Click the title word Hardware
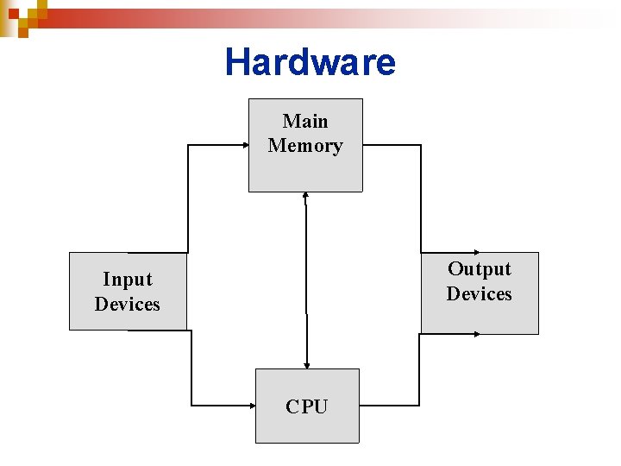coord(310,62)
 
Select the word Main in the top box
coord(305,121)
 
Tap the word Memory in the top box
coord(305,145)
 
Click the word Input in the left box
coord(127,279)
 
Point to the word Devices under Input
coord(127,304)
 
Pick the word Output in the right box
coord(479,268)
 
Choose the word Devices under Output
coord(479,293)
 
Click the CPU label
coord(307,406)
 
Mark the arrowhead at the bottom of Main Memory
coord(306,196)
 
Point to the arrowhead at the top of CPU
coord(306,364)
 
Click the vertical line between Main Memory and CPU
coord(306,276)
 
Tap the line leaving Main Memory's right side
coord(392,145)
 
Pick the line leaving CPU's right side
coord(388,404)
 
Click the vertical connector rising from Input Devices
coord(188,198)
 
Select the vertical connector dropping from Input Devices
coord(191,367)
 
